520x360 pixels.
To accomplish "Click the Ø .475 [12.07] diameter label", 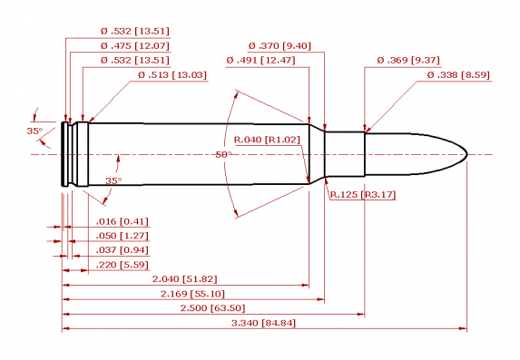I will click(x=134, y=45).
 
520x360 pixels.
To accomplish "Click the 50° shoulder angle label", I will click(x=223, y=155).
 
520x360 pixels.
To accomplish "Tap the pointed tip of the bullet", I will click(x=467, y=154).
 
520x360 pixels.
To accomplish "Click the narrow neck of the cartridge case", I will click(x=345, y=154).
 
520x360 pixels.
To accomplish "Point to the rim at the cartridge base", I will click(x=64, y=154).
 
